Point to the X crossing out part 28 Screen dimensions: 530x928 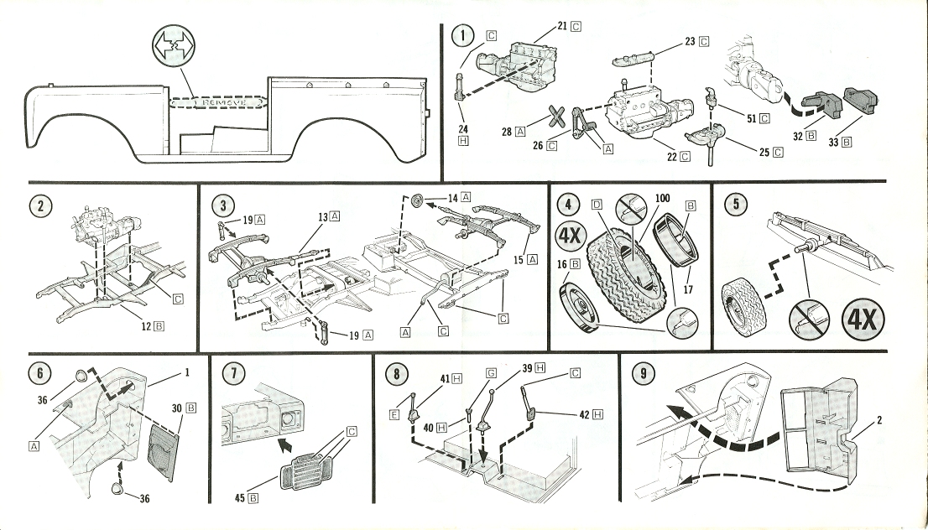click(554, 118)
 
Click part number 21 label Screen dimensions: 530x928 click(564, 26)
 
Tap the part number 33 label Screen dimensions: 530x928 click(834, 143)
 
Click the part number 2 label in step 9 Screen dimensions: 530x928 click(879, 421)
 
